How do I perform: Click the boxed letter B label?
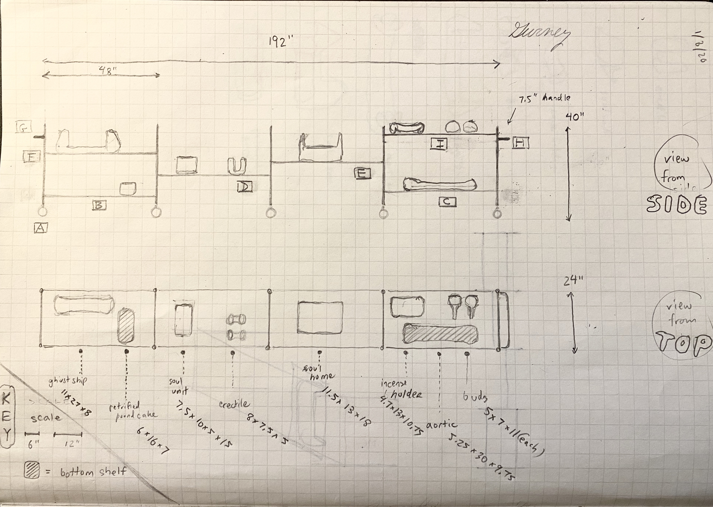click(x=99, y=205)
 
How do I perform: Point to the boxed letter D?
click(x=244, y=187)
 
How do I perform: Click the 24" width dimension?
click(x=572, y=281)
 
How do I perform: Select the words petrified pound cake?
click(x=132, y=411)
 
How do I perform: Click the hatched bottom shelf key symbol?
click(x=32, y=470)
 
